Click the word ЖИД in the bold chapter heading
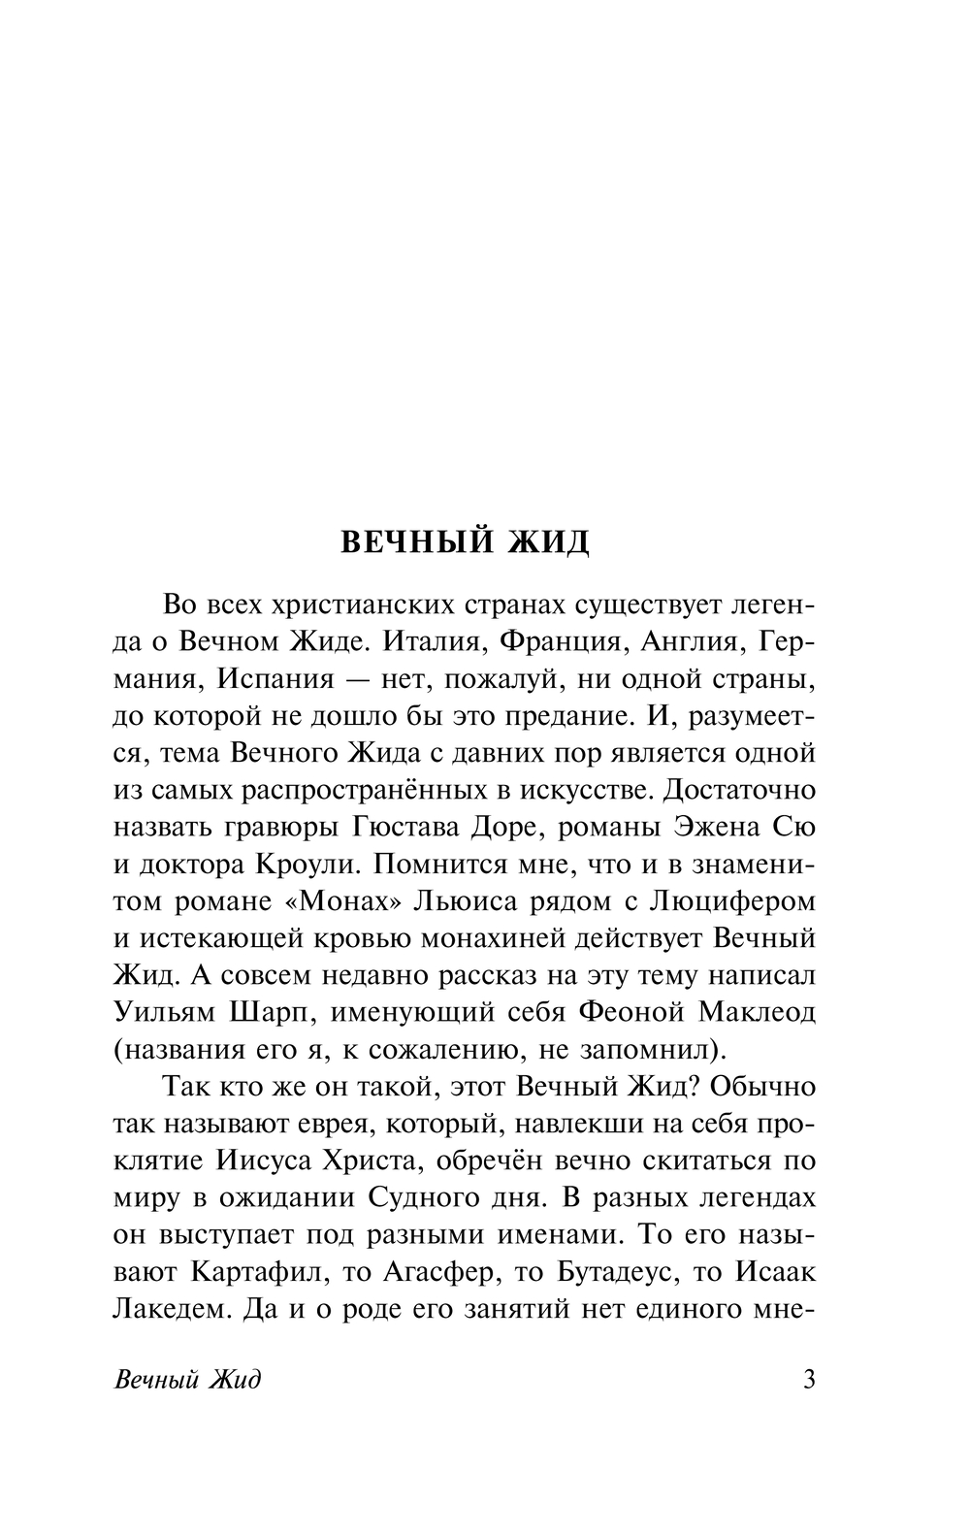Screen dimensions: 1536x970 (548, 542)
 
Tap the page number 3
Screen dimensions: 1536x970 (810, 1379)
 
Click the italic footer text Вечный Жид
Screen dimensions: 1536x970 (187, 1380)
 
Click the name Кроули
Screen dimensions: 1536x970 (307, 865)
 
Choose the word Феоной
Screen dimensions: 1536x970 (632, 1013)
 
